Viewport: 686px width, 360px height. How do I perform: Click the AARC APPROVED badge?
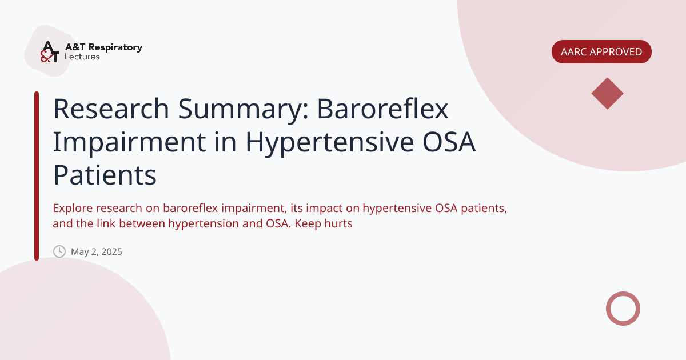pyautogui.click(x=601, y=52)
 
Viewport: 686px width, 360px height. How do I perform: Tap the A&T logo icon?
pyautogui.click(x=49, y=51)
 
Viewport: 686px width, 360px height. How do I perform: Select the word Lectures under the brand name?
pyautogui.click(x=82, y=57)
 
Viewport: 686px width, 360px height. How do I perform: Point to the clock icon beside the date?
pyautogui.click(x=59, y=251)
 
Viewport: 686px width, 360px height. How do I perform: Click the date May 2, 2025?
pyautogui.click(x=97, y=251)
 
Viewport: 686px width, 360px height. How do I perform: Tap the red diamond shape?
pyautogui.click(x=607, y=94)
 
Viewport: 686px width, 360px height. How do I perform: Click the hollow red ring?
pyautogui.click(x=623, y=309)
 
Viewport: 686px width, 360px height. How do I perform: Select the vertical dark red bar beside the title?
pyautogui.click(x=37, y=175)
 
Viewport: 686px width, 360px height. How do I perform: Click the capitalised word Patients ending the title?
pyautogui.click(x=105, y=175)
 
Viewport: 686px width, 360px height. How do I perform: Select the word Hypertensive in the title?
pyautogui.click(x=328, y=142)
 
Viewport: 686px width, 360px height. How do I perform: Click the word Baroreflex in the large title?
pyautogui.click(x=383, y=109)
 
